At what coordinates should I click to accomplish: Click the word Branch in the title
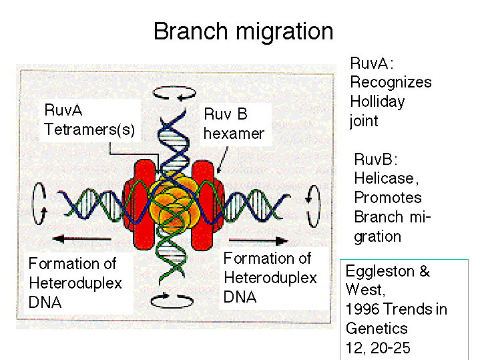pyautogui.click(x=190, y=31)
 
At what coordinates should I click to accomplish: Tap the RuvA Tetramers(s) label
pyautogui.click(x=89, y=120)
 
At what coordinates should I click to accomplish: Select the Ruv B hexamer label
pyautogui.click(x=234, y=124)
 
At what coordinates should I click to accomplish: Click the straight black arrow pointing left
pyautogui.click(x=81, y=238)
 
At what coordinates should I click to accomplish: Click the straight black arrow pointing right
pyautogui.click(x=258, y=241)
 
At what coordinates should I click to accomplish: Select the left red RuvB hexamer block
pyautogui.click(x=140, y=204)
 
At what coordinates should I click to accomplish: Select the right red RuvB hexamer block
pyautogui.click(x=208, y=204)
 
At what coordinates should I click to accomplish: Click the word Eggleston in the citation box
pyautogui.click(x=380, y=272)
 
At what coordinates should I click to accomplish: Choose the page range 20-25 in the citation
pyautogui.click(x=390, y=348)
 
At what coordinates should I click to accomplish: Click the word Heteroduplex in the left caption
pyautogui.click(x=75, y=284)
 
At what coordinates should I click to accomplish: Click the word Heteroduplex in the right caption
pyautogui.click(x=270, y=279)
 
